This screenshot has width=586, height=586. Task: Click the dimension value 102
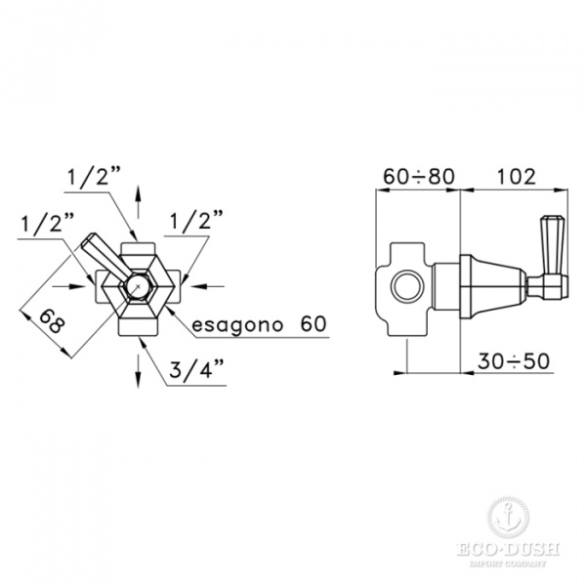click(516, 177)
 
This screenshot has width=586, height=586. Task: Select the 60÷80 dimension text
click(419, 177)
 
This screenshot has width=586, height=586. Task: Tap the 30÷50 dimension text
click(514, 361)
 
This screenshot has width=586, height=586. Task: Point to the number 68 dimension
click(52, 321)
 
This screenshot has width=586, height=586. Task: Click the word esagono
click(237, 324)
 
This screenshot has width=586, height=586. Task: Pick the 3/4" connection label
click(196, 369)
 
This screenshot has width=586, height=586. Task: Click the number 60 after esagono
click(314, 323)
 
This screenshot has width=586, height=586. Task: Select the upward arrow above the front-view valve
click(139, 202)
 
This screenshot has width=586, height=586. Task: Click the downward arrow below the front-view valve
click(139, 371)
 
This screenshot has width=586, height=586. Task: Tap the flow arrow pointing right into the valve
click(69, 286)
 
